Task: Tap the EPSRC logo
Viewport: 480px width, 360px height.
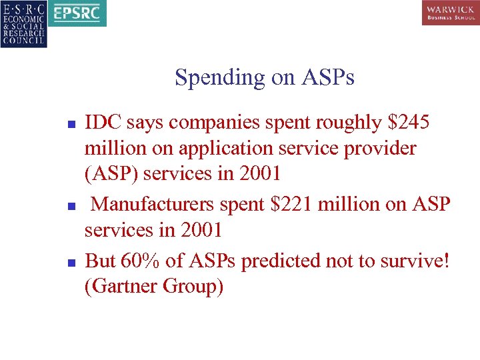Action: tap(78, 13)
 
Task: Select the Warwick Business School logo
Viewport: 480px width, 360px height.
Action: tap(450, 13)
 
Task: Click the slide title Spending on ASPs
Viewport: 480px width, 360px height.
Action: tap(265, 78)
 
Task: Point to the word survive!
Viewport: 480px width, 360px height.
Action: tap(415, 261)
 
